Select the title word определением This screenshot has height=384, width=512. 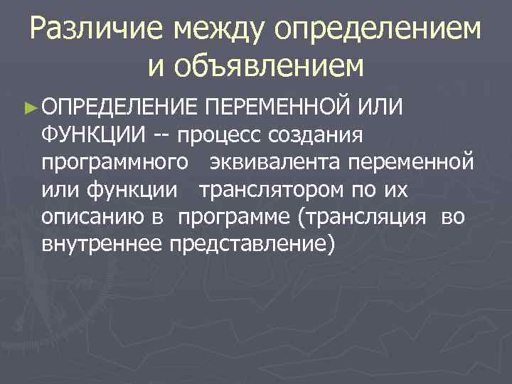click(376, 29)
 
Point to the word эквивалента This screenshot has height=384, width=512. click(275, 162)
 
